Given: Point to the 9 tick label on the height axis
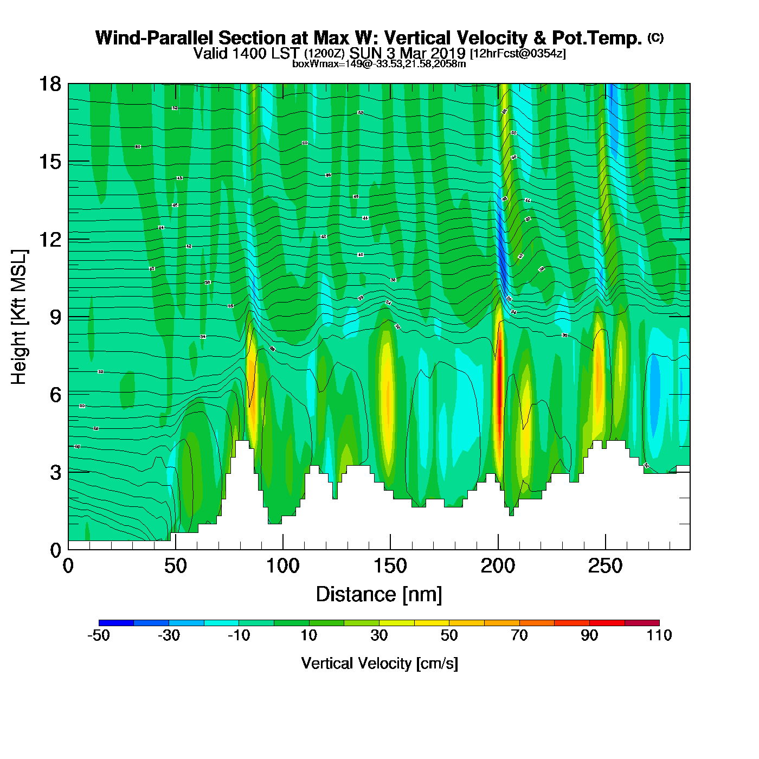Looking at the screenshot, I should [x=55, y=317].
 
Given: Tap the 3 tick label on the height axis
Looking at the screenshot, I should [x=55, y=472].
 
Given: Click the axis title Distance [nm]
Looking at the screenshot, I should [x=379, y=595].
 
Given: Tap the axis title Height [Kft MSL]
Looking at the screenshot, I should [x=19, y=317].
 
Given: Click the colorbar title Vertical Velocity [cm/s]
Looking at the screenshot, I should [x=379, y=663].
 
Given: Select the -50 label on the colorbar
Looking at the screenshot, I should [x=99, y=635].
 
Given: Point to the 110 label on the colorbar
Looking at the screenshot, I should [x=659, y=635].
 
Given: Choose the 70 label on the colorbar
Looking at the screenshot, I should [x=519, y=635].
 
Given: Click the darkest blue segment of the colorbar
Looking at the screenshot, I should [x=116, y=622].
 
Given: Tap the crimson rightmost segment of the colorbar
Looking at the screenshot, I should [x=642, y=622].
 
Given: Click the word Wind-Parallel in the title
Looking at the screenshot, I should [x=155, y=38].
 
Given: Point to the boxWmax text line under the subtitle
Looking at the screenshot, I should [x=379, y=64].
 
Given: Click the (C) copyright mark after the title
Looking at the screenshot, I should [x=655, y=37].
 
